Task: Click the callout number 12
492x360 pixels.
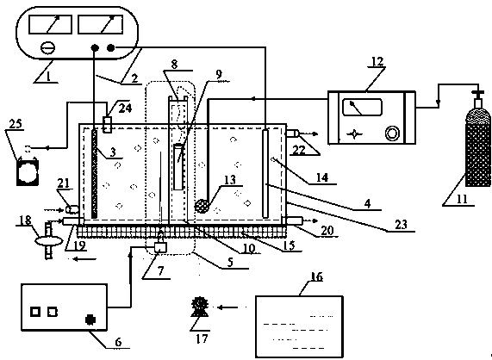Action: pos(377,61)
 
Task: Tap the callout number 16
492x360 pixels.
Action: pos(316,277)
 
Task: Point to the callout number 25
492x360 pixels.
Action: pos(16,124)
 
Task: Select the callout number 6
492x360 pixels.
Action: pos(118,342)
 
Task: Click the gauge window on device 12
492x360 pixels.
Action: pos(363,108)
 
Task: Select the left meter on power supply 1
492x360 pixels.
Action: pos(50,24)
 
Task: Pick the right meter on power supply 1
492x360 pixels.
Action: pos(101,24)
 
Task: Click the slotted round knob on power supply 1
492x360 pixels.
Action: pos(48,48)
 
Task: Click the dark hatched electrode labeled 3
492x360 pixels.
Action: pos(94,173)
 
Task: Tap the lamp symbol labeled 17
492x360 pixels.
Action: pos(200,306)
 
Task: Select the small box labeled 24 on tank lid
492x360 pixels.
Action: pos(108,125)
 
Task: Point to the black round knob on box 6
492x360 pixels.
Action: pos(90,320)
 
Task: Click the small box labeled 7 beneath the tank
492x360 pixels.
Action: pos(161,247)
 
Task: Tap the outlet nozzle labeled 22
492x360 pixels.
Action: pos(292,133)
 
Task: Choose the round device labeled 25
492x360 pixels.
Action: pos(28,172)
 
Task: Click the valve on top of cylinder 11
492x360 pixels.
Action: pos(477,94)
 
